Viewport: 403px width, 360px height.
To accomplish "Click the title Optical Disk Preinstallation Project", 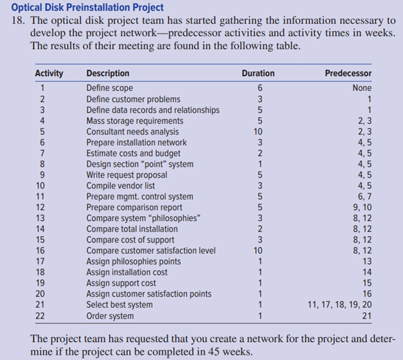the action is [87, 7].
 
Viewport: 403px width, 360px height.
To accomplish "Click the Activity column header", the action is [48, 73].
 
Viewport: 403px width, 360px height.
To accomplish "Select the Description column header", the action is [108, 73].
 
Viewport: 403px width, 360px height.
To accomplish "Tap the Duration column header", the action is [258, 73].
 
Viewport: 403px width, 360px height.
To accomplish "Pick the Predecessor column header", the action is [348, 73].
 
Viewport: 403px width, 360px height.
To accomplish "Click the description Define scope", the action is [110, 88].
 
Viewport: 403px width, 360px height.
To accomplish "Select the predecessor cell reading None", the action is [362, 88].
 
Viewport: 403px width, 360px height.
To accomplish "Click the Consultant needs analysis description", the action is [132, 132].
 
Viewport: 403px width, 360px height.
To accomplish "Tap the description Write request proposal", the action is [127, 175].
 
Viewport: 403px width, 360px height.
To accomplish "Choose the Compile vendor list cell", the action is [121, 185].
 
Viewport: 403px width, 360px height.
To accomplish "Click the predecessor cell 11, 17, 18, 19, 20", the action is [338, 305].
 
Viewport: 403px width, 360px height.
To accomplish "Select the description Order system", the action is [110, 316].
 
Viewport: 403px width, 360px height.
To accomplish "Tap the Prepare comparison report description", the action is [134, 207].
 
